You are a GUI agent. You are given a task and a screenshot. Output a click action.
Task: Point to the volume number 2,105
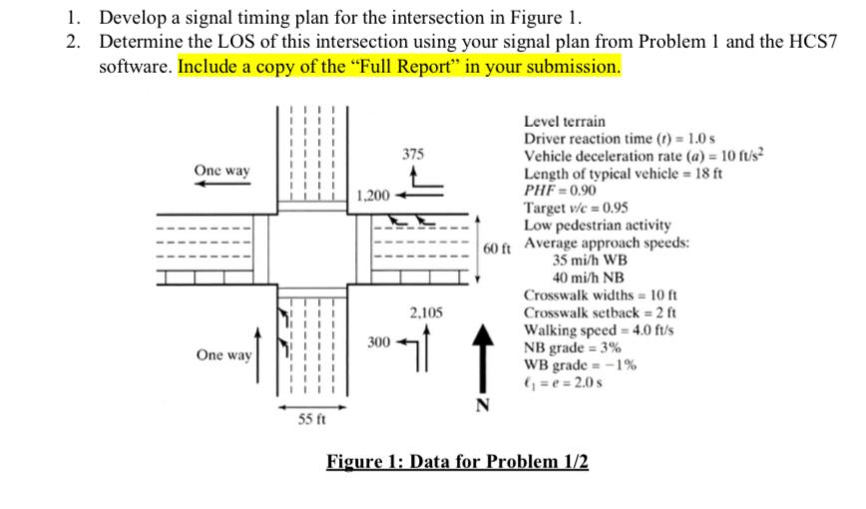pos(426,313)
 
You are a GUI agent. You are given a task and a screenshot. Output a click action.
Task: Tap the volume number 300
pos(378,342)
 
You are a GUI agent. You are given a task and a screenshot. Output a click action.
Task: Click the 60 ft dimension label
pos(497,247)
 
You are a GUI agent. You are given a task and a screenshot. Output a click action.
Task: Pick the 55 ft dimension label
pos(312,419)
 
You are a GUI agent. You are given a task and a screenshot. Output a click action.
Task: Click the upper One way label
pos(222,171)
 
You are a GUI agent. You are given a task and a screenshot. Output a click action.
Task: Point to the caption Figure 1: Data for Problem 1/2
pos(458,461)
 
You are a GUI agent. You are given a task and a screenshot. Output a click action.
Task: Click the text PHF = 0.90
pos(561,190)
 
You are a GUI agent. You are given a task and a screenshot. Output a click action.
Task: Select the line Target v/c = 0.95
pos(576,208)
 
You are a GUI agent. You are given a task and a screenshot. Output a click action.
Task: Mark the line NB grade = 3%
pos(573,347)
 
